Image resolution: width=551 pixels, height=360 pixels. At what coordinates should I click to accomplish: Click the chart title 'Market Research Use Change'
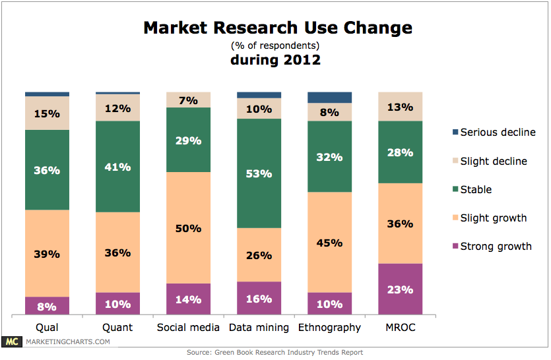click(278, 28)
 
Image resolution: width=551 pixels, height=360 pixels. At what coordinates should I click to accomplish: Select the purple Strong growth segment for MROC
click(400, 289)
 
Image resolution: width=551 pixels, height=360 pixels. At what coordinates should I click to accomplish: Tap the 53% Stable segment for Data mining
click(259, 173)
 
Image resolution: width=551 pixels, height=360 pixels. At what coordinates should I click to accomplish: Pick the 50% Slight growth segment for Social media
click(188, 227)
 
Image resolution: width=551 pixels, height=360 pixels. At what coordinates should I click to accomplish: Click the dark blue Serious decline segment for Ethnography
click(329, 98)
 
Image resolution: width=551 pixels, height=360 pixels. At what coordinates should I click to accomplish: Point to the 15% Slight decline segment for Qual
click(47, 113)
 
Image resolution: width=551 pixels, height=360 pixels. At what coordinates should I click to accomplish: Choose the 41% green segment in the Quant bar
click(117, 167)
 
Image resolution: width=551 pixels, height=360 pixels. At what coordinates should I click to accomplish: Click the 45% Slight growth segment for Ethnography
click(329, 242)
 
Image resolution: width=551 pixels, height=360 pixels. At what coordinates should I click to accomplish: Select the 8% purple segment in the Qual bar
click(47, 305)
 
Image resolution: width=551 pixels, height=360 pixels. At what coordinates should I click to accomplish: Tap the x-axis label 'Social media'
click(188, 327)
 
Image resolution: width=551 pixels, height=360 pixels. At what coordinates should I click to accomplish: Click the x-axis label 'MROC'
click(400, 327)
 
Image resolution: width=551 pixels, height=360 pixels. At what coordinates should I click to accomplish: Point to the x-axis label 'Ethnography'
click(329, 327)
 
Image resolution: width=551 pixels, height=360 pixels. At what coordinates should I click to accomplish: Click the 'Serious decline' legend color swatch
click(453, 133)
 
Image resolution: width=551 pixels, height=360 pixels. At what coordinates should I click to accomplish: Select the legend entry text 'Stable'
click(476, 190)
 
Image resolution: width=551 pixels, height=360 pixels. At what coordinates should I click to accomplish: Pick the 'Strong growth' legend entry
click(496, 247)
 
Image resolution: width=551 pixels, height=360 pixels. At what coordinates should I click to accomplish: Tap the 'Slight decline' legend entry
click(494, 161)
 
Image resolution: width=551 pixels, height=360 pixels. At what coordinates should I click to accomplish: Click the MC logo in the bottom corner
click(11, 342)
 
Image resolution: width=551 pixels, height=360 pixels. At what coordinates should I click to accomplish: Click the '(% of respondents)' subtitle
click(275, 45)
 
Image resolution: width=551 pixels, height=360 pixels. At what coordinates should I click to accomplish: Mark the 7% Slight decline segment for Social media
click(188, 100)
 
